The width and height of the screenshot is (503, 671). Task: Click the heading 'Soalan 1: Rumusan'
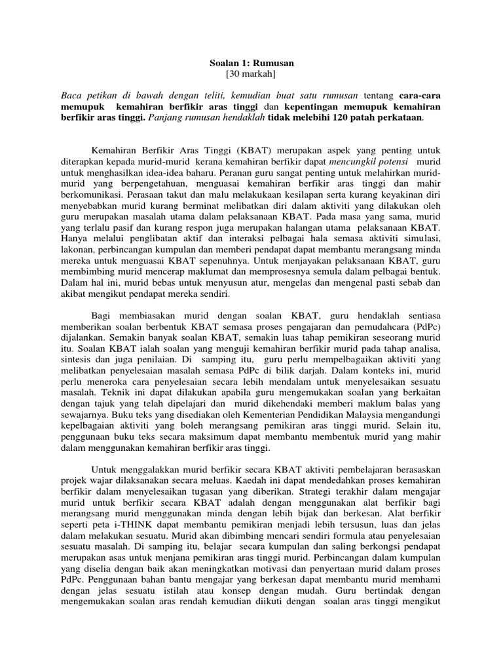(x=252, y=63)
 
